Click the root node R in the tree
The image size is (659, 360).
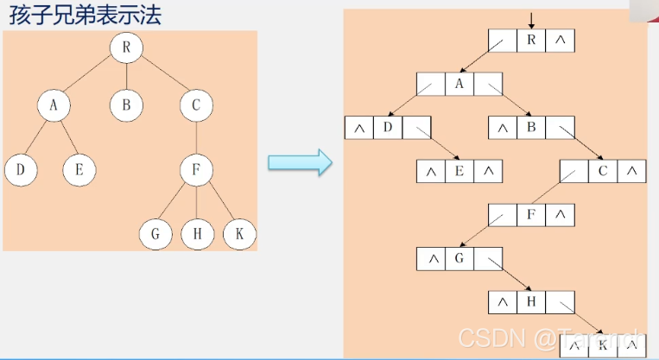pyautogui.click(x=126, y=47)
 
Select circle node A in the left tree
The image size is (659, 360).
pyautogui.click(x=54, y=105)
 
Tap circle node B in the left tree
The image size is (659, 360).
pyautogui.click(x=126, y=105)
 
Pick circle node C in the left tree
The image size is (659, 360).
pyautogui.click(x=197, y=105)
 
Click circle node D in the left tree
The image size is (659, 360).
pyautogui.click(x=20, y=169)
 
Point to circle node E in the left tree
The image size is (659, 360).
pyautogui.click(x=79, y=169)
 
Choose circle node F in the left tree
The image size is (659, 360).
pyautogui.click(x=197, y=169)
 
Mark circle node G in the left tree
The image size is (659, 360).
pyautogui.click(x=155, y=234)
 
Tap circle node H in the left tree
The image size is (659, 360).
pyautogui.click(x=197, y=234)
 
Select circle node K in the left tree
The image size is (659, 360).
pyautogui.click(x=238, y=234)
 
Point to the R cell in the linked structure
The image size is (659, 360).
pyautogui.click(x=531, y=41)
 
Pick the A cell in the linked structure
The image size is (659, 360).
pyautogui.click(x=459, y=84)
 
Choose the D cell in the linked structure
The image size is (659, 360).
pyautogui.click(x=388, y=128)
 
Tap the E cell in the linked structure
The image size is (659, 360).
pyautogui.click(x=459, y=171)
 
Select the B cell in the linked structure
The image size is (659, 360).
pyautogui.click(x=531, y=128)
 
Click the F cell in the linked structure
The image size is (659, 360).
pyautogui.click(x=531, y=214)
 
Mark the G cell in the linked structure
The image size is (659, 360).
pyautogui.click(x=459, y=257)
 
